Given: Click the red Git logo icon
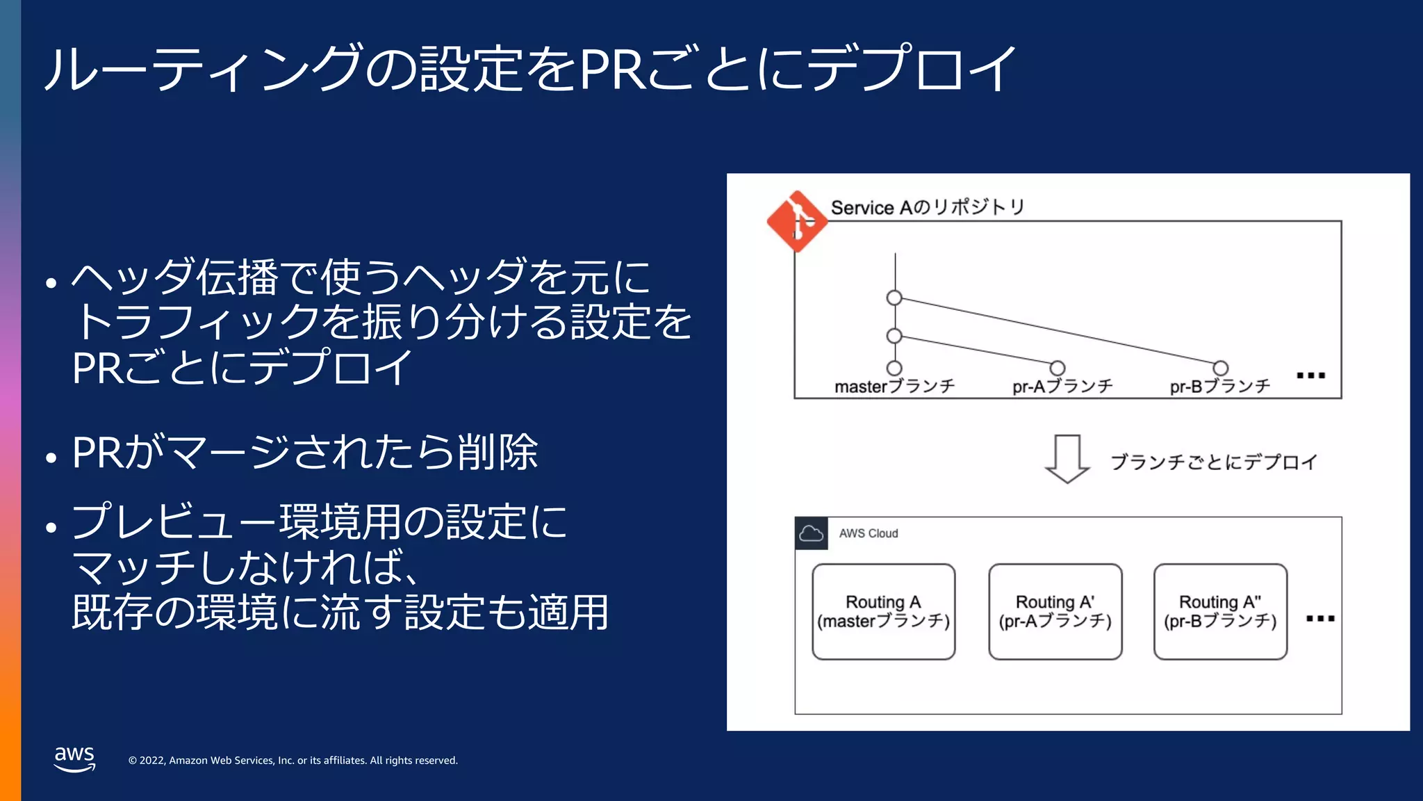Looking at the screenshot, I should [797, 222].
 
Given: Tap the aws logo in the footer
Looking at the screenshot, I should [74, 758].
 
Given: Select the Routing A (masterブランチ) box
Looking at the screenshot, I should [883, 612].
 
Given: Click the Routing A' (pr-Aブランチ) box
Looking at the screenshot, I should [1055, 612].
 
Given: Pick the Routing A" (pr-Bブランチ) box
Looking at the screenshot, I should [1220, 612].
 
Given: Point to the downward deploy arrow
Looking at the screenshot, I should [1067, 459].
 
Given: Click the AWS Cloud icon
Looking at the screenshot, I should [811, 533].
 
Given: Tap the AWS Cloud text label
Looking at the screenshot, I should [869, 533].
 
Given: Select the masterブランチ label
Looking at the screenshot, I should [895, 387].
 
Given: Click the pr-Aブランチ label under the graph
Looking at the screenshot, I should [1062, 387].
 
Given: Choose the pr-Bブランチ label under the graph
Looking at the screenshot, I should [1220, 387].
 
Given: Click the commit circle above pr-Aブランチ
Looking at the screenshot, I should [1058, 368].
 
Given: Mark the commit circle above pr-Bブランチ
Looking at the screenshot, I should [1221, 368].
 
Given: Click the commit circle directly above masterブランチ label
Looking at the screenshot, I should [895, 368].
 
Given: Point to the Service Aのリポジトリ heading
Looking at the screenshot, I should [928, 207].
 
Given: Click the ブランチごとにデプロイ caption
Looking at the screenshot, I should [1213, 462].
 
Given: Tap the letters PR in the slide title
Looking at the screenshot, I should [614, 70].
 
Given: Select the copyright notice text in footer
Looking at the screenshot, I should [293, 761].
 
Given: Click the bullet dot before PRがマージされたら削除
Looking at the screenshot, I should [51, 458].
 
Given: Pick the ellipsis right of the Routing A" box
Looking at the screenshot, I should [1320, 618].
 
